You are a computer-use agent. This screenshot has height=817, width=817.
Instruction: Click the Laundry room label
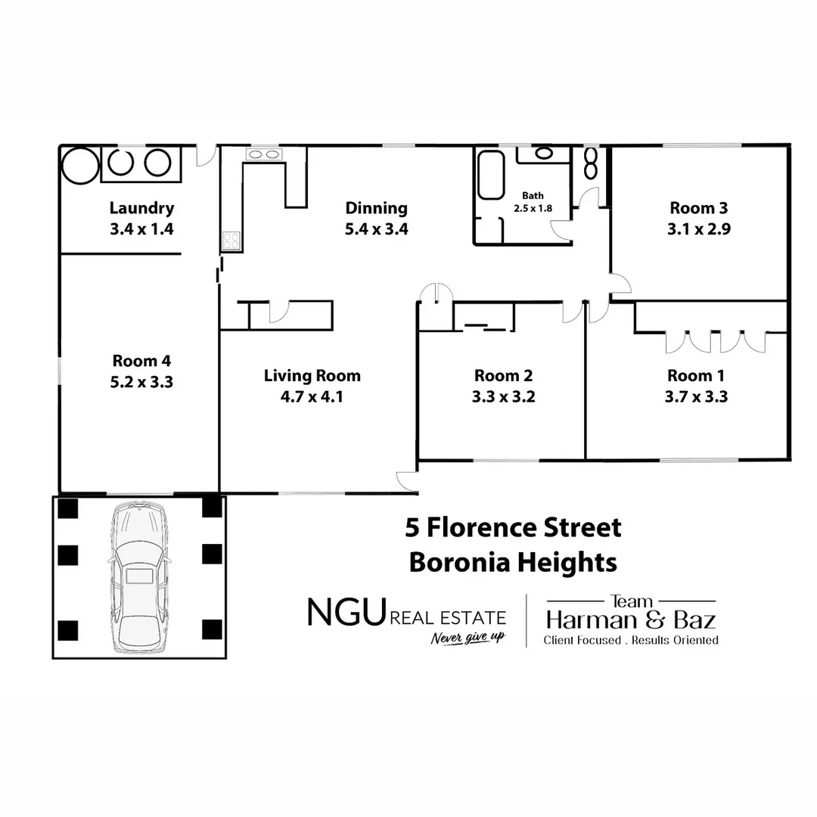coord(141,208)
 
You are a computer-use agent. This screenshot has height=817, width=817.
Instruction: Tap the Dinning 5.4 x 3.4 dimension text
coord(376,229)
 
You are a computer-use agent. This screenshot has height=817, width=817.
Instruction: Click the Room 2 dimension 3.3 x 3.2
coord(503,396)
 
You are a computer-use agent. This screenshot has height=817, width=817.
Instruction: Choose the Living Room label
coord(312,375)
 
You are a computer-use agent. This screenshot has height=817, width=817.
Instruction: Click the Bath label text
coord(533,196)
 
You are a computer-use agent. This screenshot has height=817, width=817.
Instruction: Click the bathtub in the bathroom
coord(490,176)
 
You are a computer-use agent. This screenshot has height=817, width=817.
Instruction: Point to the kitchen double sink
coord(262,154)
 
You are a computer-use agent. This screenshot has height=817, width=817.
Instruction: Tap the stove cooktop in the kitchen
coord(231,241)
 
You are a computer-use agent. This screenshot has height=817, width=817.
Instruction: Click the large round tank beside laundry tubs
coord(80,164)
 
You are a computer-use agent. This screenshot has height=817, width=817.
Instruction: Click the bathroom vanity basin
coord(544,153)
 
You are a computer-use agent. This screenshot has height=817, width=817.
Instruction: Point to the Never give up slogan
coord(468,638)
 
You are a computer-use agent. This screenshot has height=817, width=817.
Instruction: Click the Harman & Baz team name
coord(630,621)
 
